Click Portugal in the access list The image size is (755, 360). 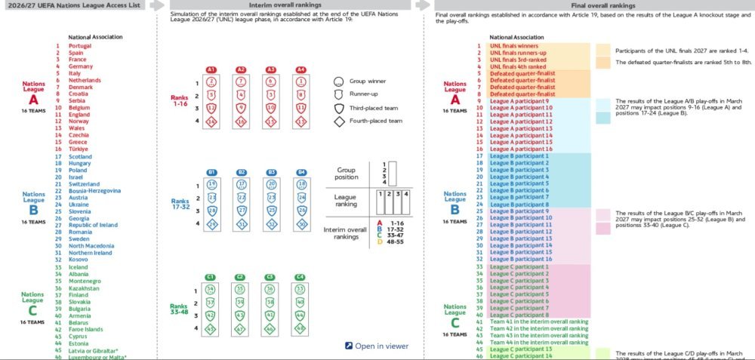pyautogui.click(x=81, y=45)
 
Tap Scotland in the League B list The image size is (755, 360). pyautogui.click(x=82, y=156)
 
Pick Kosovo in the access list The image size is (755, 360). pyautogui.click(x=79, y=260)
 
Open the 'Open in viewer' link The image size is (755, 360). pyautogui.click(x=376, y=346)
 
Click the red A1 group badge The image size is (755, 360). pyautogui.click(x=212, y=69)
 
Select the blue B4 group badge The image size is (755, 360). pyautogui.click(x=302, y=172)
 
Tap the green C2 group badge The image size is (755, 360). pyautogui.click(x=241, y=277)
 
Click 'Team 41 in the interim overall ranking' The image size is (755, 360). pyautogui.click(x=539, y=322)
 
